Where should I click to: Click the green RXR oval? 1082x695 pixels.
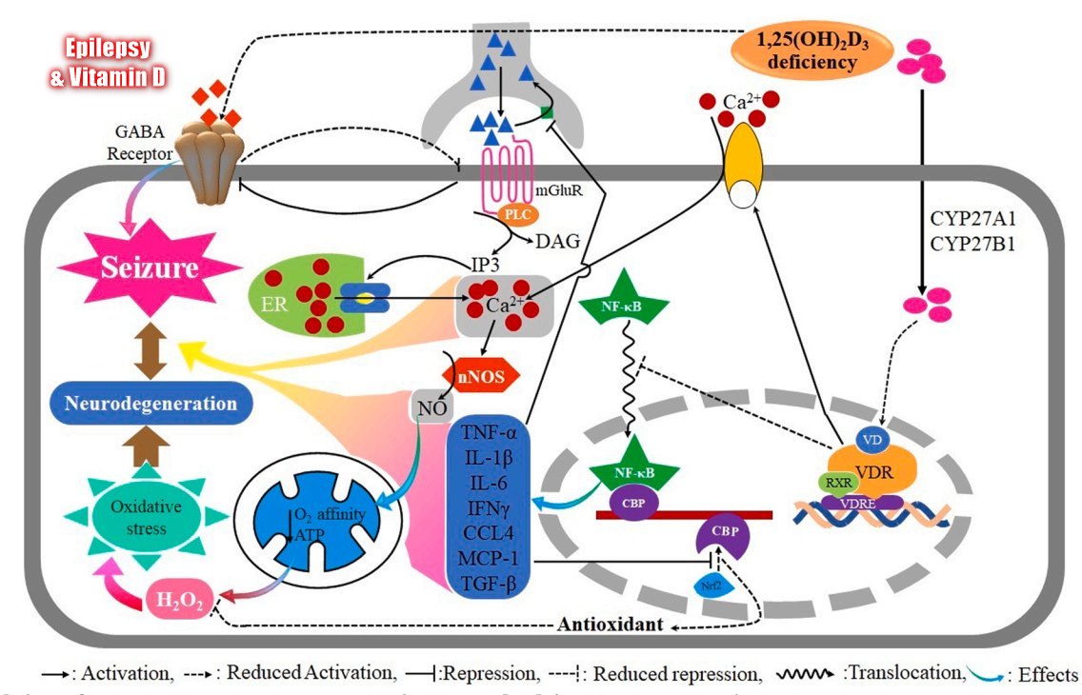pos(838,482)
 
